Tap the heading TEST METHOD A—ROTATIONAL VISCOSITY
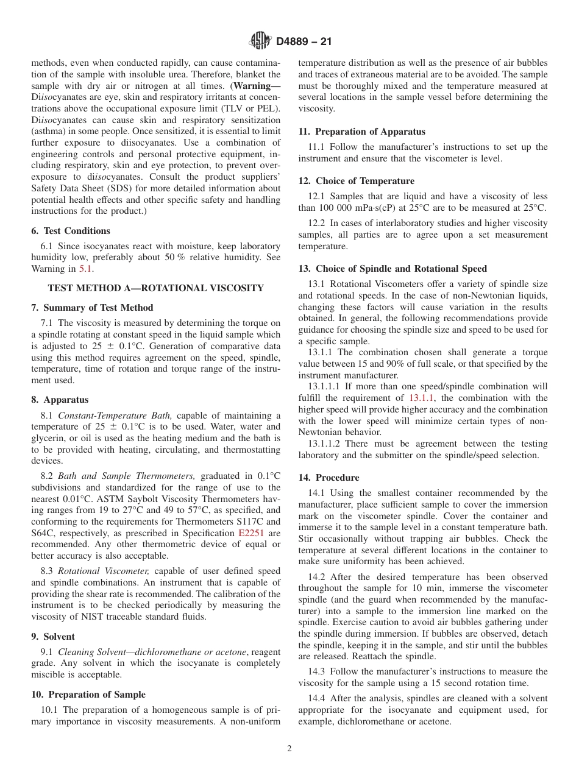pyautogui.click(x=155, y=288)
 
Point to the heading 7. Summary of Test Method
pyautogui.click(x=92, y=308)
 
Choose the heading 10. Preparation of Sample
pyautogui.click(x=88, y=695)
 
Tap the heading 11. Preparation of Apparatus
pyautogui.click(x=361, y=132)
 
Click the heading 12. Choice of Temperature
pyautogui.click(x=356, y=181)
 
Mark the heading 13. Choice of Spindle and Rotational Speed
pyautogui.click(x=393, y=269)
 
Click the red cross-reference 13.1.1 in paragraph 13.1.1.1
pyautogui.click(x=422, y=398)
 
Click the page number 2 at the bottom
pyautogui.click(x=289, y=749)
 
